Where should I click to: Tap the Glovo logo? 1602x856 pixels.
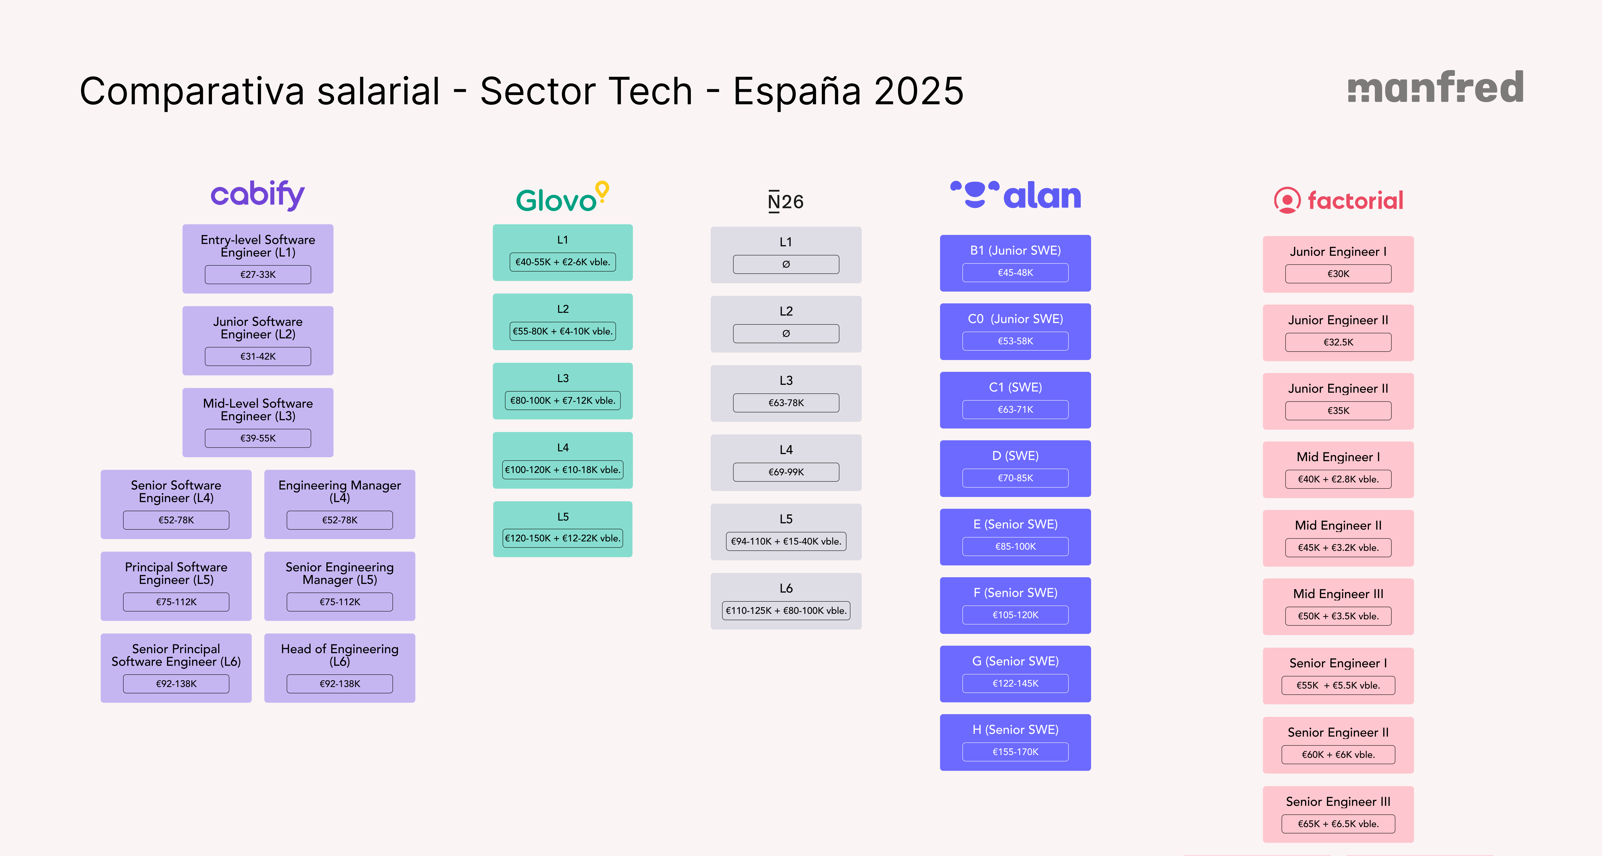pos(562,198)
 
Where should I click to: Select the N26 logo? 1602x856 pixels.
pos(785,202)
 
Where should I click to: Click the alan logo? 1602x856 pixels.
pos(1016,195)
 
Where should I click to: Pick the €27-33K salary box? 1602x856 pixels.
pos(257,274)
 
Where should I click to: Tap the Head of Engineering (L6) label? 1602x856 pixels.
pos(340,654)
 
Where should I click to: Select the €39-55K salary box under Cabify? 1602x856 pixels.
pos(257,438)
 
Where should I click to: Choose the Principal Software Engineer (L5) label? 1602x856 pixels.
pos(176,573)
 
